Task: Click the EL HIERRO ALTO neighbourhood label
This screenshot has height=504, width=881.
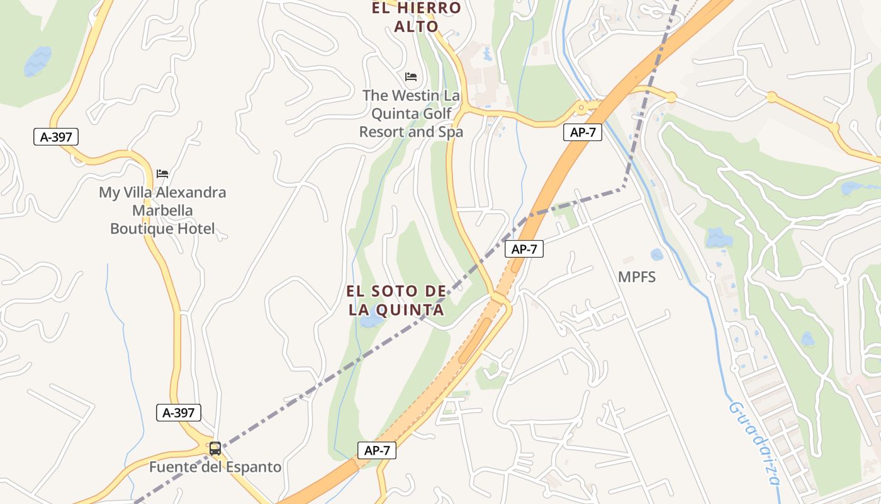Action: click(x=417, y=17)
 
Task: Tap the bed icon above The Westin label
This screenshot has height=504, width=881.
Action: click(x=411, y=77)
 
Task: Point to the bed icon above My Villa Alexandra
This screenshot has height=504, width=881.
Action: click(x=162, y=173)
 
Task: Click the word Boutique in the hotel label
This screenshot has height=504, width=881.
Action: click(x=142, y=229)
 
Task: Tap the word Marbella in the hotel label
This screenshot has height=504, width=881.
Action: click(x=162, y=210)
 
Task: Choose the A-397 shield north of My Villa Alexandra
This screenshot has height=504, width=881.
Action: click(x=56, y=137)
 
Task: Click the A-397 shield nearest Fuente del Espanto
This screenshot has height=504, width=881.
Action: click(x=179, y=413)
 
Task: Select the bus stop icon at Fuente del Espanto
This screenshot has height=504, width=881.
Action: click(x=215, y=449)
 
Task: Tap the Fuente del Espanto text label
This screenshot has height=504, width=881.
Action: click(x=215, y=467)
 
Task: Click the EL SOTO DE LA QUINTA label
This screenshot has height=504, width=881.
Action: click(x=396, y=301)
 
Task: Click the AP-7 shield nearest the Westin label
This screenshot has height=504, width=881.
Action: click(x=582, y=132)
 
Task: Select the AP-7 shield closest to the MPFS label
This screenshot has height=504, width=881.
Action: click(x=524, y=249)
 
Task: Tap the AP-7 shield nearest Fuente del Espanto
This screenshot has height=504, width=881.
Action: click(x=377, y=450)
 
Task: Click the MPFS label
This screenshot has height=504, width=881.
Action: click(x=637, y=277)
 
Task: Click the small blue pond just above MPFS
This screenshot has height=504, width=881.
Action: click(x=657, y=255)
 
